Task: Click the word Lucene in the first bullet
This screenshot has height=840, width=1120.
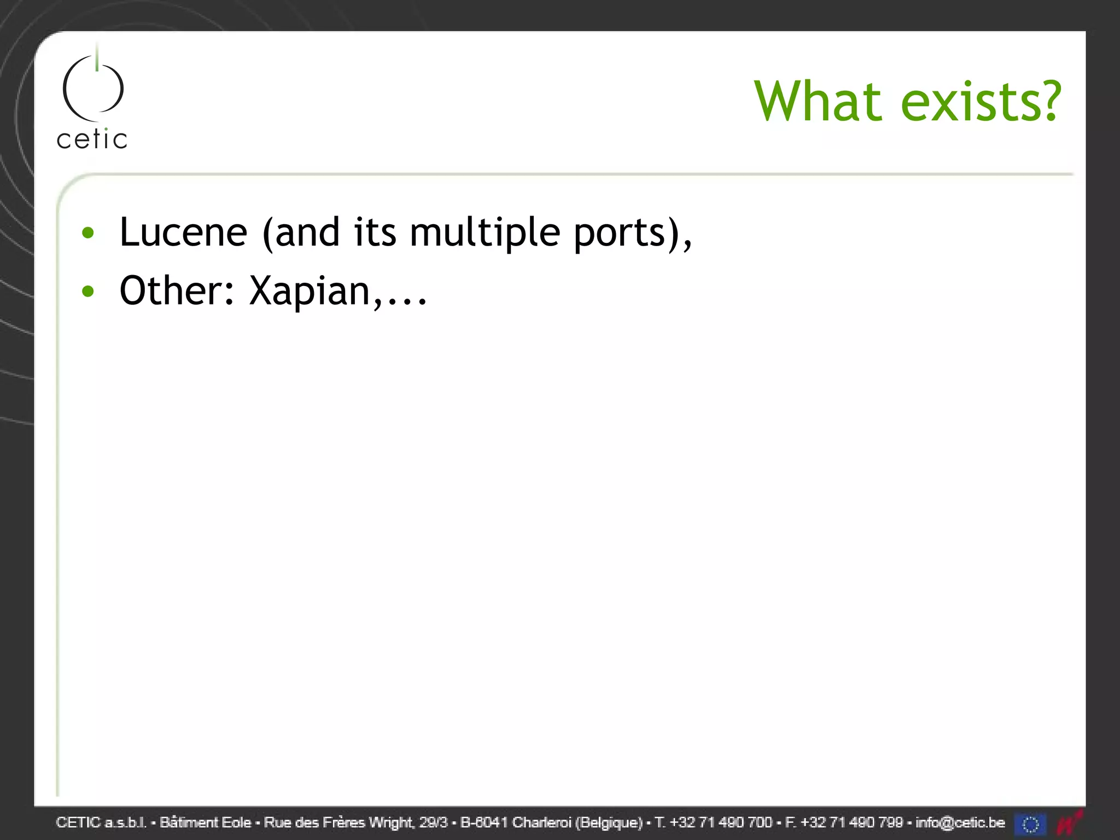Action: [x=183, y=232]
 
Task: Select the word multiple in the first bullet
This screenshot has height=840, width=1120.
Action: [x=485, y=233]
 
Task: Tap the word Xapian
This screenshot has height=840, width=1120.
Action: [x=310, y=291]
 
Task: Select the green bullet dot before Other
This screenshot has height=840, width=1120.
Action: [x=87, y=291]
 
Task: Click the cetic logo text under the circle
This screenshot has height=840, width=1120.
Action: [x=92, y=139]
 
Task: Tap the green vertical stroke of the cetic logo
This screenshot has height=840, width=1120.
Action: [x=97, y=57]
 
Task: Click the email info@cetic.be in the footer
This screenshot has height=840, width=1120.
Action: [x=960, y=822]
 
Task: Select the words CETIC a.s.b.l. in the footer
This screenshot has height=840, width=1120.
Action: [x=101, y=822]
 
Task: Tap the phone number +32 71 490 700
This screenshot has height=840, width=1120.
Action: [x=721, y=822]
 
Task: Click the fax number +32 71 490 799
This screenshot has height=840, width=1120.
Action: [x=851, y=822]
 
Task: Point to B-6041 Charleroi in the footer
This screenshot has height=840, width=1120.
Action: [x=515, y=822]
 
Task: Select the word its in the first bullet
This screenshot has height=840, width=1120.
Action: [x=375, y=232]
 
